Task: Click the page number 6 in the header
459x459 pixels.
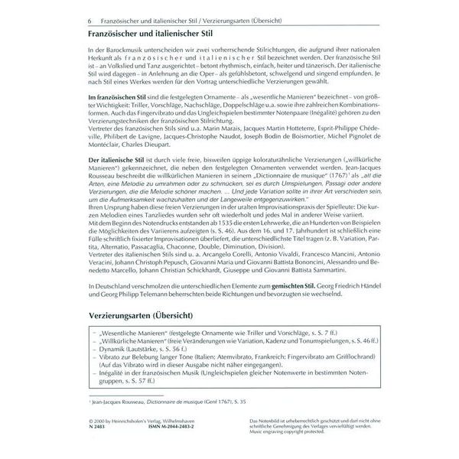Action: point(90,21)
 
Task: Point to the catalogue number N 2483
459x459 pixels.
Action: point(98,446)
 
